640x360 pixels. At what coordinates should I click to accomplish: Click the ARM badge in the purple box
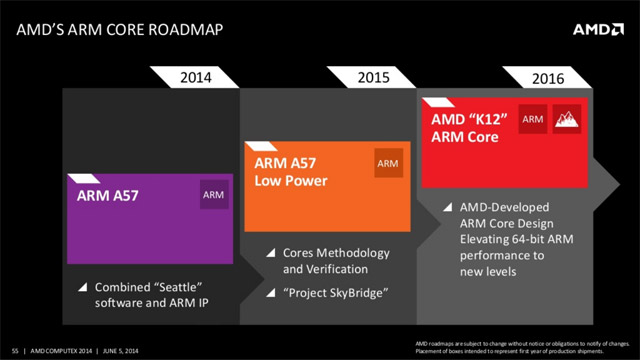click(x=213, y=195)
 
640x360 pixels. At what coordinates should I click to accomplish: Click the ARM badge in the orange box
click(x=386, y=164)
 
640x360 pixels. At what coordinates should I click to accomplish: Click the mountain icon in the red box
click(x=567, y=121)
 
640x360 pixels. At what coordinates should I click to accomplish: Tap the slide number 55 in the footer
click(x=10, y=349)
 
